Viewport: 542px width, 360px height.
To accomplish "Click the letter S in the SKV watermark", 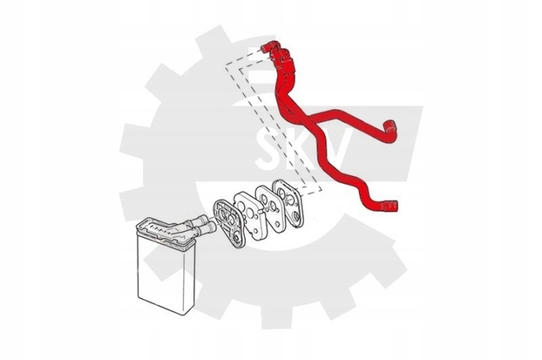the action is pyautogui.click(x=269, y=149).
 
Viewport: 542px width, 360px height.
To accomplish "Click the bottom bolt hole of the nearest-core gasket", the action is pyautogui.click(x=236, y=239).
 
